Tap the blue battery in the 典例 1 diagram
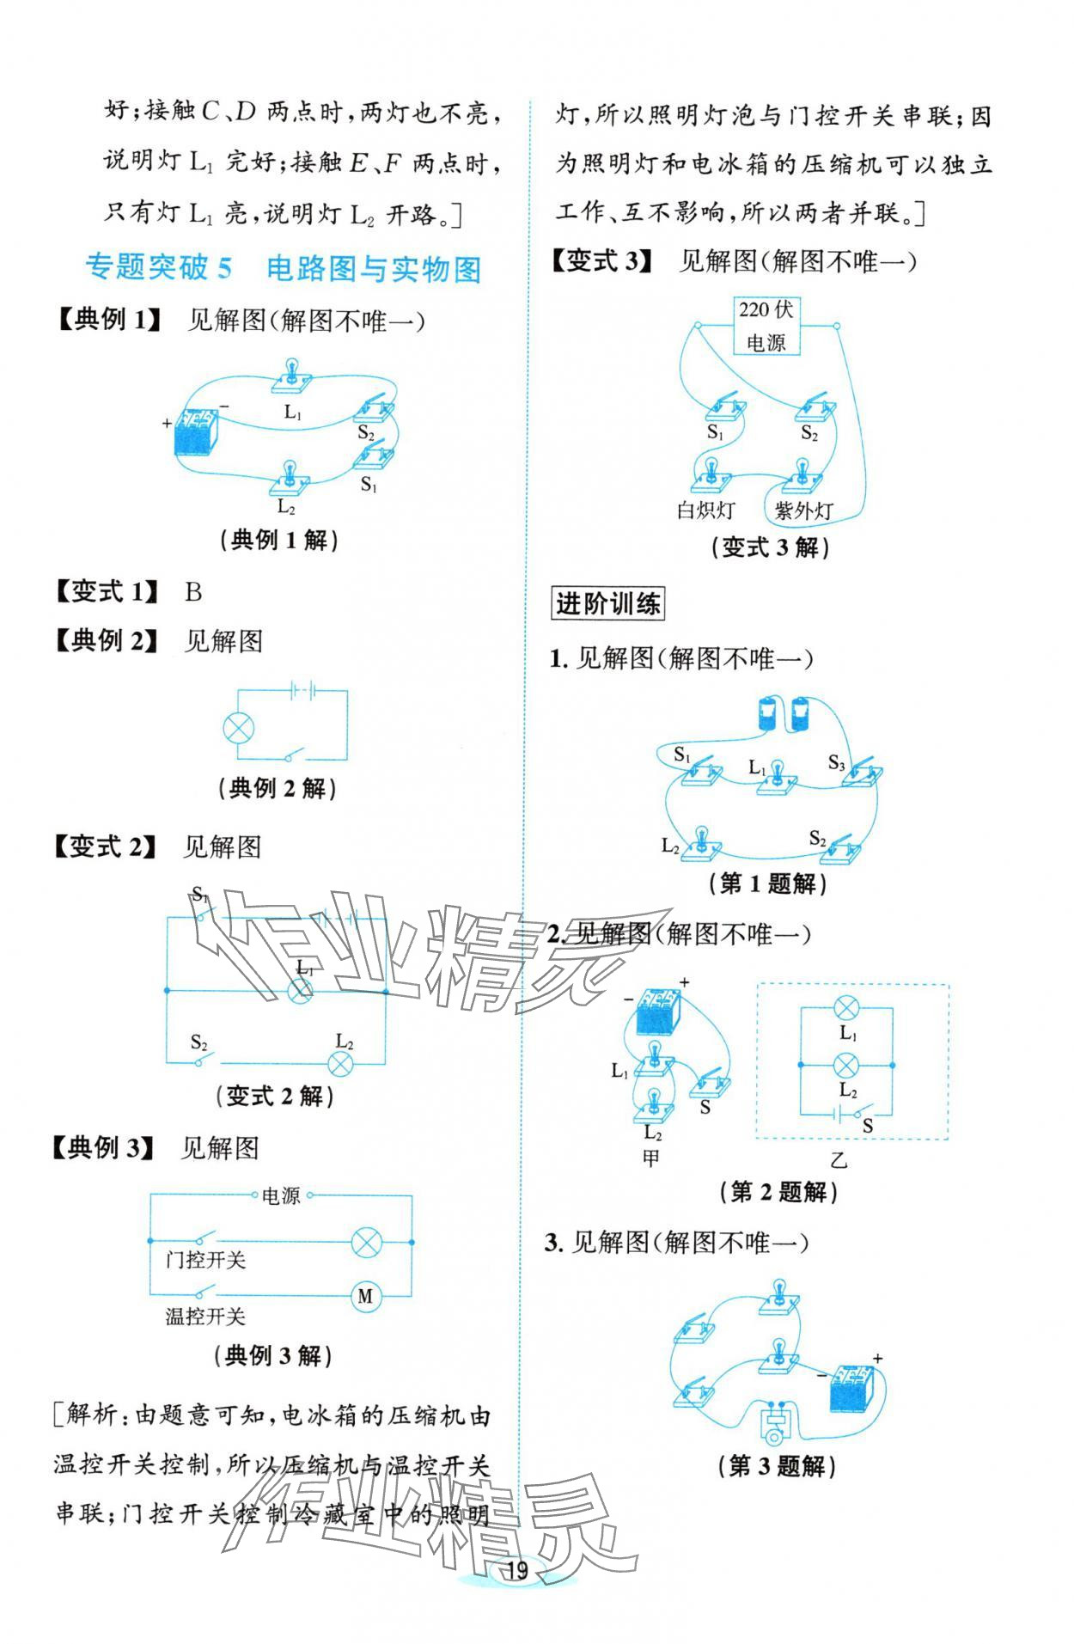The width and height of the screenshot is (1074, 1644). pos(198,431)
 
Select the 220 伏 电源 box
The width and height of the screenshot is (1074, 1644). pos(766,326)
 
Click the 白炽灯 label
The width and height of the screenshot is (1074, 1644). pos(706,510)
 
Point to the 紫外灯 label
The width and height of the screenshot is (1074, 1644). pos(803,510)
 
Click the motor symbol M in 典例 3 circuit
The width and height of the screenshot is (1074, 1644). pos(365,1296)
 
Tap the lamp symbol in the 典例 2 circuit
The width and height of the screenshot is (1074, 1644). pos(238,729)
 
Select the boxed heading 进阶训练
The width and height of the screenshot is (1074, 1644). pos(607,604)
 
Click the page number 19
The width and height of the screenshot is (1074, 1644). pos(516,1571)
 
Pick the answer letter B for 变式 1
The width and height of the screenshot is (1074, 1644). pos(193,591)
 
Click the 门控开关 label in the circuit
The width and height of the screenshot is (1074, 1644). pos(205,1260)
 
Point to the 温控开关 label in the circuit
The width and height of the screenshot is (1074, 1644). pos(205,1316)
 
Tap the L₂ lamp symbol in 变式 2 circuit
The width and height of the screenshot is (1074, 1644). pos(342,1063)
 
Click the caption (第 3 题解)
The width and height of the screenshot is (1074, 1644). pos(776,1466)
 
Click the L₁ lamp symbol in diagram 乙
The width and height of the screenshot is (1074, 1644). pos(847,1008)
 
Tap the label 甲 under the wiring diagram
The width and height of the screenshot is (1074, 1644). pos(651,1158)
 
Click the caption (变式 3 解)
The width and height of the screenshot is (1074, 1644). pos(770,547)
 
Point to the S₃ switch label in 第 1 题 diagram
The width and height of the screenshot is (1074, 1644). pos(837,761)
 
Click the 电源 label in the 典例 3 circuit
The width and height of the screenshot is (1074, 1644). pos(282,1195)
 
